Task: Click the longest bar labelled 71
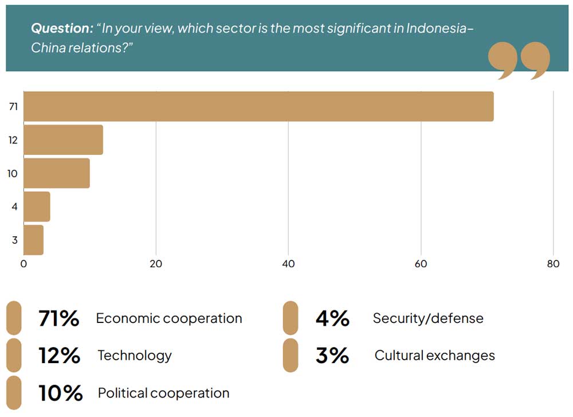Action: click(x=258, y=106)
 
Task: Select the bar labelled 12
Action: click(x=63, y=140)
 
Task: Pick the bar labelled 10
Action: click(x=56, y=173)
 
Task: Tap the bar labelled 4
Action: click(x=37, y=206)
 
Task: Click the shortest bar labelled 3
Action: click(x=33, y=240)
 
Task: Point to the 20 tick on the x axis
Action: click(x=156, y=264)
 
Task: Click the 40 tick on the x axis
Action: click(x=288, y=264)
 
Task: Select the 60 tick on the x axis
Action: click(x=421, y=264)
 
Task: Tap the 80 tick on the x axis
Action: click(x=553, y=264)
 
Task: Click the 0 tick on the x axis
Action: click(x=23, y=264)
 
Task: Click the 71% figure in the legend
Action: click(x=58, y=318)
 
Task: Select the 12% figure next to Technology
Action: click(x=59, y=356)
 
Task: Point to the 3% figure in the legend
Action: click(x=332, y=356)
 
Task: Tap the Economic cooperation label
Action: click(x=169, y=318)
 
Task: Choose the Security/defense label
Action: click(x=428, y=318)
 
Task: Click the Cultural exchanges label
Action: click(x=434, y=356)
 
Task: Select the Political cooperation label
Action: click(x=163, y=393)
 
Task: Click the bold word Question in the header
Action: click(x=62, y=29)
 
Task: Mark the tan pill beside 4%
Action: click(x=291, y=318)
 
